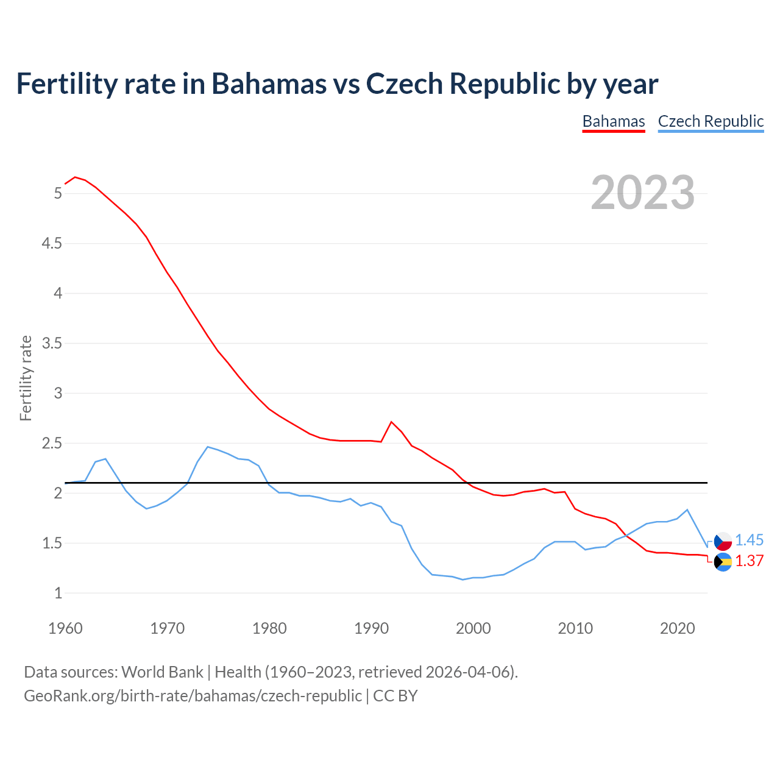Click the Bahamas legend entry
coord(614,121)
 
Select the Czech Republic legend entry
coord(711,121)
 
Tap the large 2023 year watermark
coord(643,193)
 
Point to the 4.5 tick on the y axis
coord(51,244)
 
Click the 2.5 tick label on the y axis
coord(51,443)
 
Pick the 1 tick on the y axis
coord(58,593)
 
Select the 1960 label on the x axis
coord(65,628)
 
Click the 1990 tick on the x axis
coord(371,628)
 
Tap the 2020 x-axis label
coord(677,628)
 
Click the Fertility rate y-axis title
coord(26,378)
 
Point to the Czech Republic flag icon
coord(723,541)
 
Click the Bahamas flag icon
coord(723,562)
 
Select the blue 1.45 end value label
coord(749,541)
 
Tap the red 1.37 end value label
coord(749,561)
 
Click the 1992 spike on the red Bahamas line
coord(391,422)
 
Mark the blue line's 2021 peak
coord(687,509)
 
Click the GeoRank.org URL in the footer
coord(193,696)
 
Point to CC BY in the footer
coord(395,696)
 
